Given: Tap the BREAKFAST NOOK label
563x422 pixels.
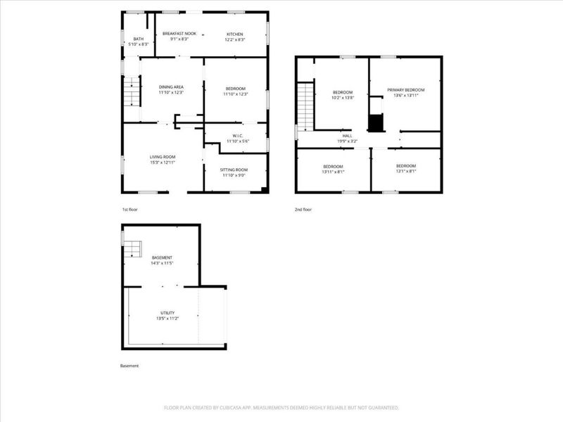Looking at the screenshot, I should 179,34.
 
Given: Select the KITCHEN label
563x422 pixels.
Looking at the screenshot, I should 234,34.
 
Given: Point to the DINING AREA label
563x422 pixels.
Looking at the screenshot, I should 171,87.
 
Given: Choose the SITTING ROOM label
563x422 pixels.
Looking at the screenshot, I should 235,170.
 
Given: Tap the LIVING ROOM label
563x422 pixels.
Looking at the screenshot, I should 162,157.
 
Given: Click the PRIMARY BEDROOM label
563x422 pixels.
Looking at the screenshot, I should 406,90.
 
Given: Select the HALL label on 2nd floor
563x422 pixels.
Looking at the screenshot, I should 347,136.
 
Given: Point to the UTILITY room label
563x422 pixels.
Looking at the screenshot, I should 167,313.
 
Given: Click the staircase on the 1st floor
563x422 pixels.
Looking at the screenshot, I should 131,91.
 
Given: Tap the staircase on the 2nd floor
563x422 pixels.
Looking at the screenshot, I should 305,105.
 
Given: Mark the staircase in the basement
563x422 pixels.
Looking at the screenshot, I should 134,249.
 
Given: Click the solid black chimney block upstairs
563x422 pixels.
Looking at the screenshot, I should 377,122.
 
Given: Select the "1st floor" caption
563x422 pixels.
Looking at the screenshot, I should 131,210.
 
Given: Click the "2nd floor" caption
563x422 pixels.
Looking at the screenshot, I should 303,210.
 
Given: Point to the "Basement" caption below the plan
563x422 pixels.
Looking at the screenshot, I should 129,366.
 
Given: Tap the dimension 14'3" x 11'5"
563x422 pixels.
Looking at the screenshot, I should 162,264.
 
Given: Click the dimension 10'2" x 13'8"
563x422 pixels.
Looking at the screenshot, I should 343,98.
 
